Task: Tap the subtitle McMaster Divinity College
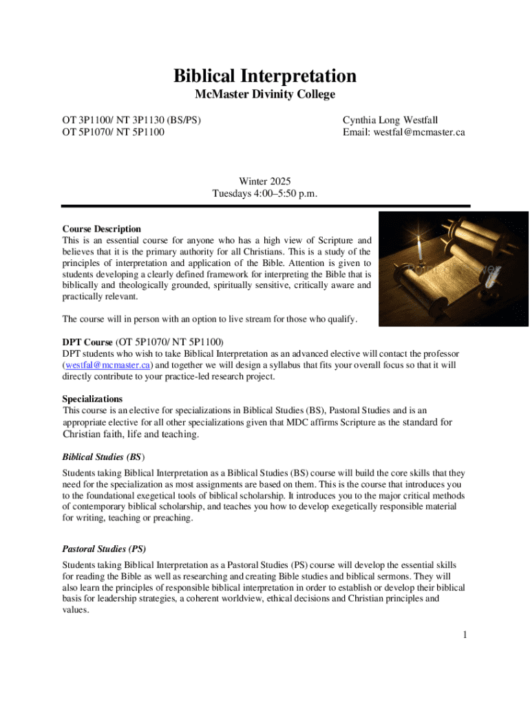click(x=265, y=95)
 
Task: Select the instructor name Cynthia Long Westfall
click(x=390, y=120)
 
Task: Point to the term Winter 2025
click(x=265, y=181)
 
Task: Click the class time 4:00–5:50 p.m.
click(x=288, y=194)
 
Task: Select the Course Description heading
click(x=102, y=229)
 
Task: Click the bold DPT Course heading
click(x=87, y=342)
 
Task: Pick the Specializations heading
click(x=92, y=399)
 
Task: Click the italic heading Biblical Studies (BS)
click(x=103, y=456)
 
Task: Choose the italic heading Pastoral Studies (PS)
click(x=104, y=549)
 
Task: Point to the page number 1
click(x=465, y=635)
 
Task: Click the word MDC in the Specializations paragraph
click(x=332, y=422)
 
